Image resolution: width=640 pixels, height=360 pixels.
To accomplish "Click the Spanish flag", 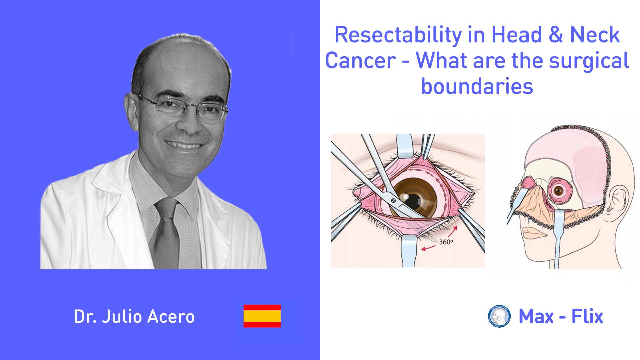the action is [x=262, y=316].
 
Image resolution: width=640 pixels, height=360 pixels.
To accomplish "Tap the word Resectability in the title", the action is [x=398, y=35].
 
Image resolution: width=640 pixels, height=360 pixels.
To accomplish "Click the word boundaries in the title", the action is [x=477, y=86].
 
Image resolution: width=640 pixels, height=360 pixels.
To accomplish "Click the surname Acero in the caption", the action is [x=171, y=316].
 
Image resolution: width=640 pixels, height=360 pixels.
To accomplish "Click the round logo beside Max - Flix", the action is [x=499, y=316].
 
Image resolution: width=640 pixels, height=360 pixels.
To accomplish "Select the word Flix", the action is [x=587, y=316].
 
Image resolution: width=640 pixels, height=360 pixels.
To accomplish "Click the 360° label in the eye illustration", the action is [x=446, y=242].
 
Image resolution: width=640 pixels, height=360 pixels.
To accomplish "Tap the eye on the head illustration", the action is [x=559, y=191].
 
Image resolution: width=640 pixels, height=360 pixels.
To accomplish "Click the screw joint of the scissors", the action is [x=393, y=200].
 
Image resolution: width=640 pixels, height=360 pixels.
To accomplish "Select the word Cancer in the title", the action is [x=361, y=61].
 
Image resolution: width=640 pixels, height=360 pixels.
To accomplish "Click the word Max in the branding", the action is [x=536, y=316].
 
